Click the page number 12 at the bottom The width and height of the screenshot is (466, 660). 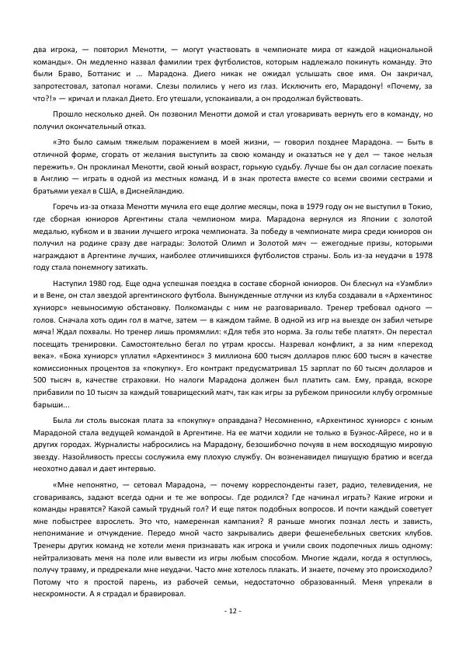point(233,611)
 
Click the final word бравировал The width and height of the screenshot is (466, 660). point(160,595)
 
